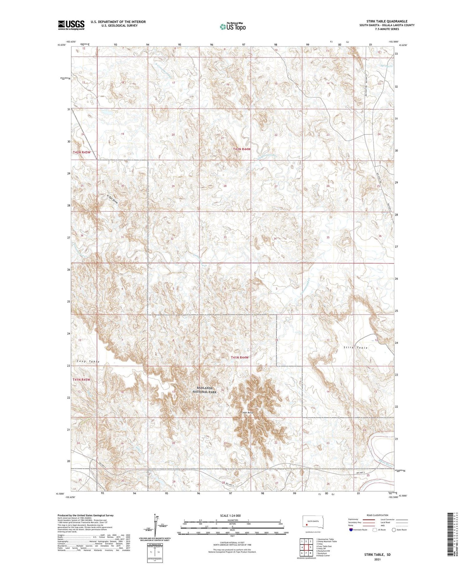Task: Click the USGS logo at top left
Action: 71,25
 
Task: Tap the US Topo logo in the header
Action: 233,27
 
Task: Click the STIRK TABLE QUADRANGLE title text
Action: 387,21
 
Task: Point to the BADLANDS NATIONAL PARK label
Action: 204,390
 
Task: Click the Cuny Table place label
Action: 88,362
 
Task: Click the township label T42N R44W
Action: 242,149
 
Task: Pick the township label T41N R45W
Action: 81,380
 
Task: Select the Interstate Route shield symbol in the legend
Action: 351,530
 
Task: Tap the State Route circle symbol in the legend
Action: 394,530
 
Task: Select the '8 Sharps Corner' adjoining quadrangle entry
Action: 323,556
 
